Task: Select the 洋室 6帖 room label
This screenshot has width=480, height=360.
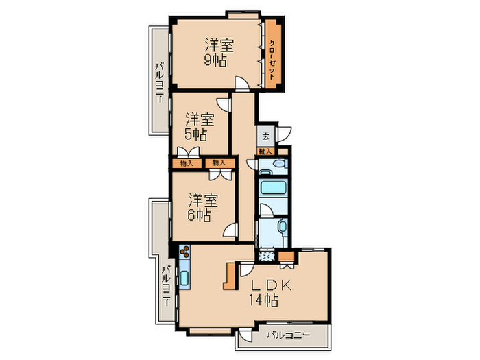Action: coord(202,207)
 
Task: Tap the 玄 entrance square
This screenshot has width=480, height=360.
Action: coord(266,134)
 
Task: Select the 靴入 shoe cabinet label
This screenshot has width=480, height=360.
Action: coord(265,151)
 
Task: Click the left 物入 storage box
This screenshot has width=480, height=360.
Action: coord(186,163)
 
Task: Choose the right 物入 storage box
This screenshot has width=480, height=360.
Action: coord(219,163)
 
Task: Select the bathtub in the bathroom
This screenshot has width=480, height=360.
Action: coord(273,188)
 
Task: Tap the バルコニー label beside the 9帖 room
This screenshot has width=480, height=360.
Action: coord(159,82)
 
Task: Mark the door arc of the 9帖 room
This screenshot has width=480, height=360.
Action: coord(242,84)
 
